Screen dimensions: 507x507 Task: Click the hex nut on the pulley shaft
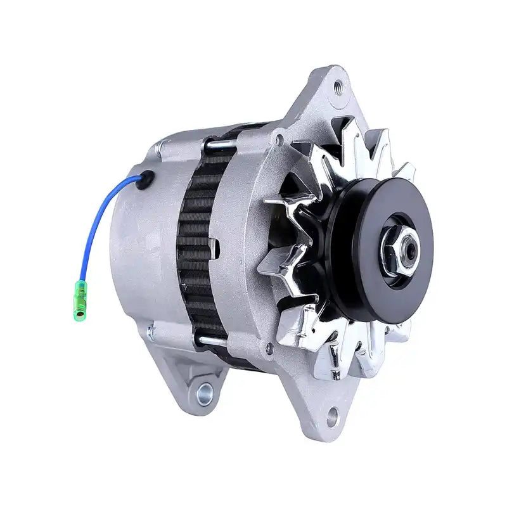(399, 251)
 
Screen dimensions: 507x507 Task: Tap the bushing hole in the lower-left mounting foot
(205, 395)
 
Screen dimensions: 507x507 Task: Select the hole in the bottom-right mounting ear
(332, 416)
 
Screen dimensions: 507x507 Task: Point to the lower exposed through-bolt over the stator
(212, 342)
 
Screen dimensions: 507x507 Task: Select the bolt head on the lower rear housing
(150, 330)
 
